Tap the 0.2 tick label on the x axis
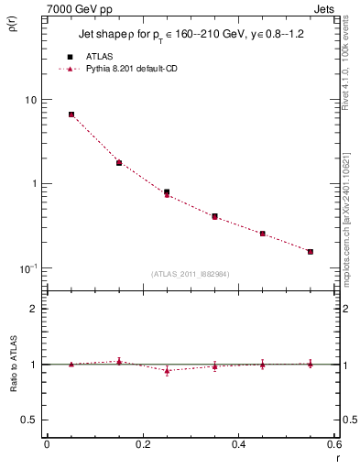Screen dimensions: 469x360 (142, 445)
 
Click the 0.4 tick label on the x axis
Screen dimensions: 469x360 (238, 445)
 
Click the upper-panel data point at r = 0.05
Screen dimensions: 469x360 (71, 115)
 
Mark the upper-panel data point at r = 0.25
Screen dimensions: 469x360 (167, 192)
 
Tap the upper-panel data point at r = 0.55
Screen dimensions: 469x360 (311, 251)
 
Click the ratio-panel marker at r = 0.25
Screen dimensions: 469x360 (167, 370)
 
